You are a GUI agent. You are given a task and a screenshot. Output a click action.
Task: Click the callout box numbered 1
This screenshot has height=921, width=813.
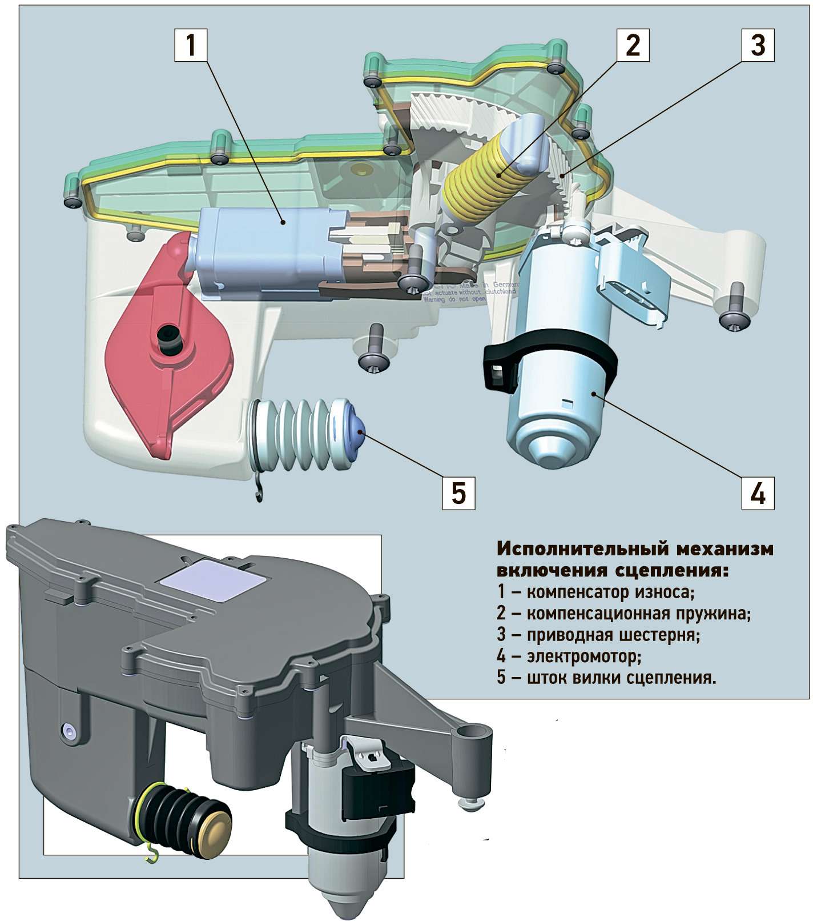[191, 46]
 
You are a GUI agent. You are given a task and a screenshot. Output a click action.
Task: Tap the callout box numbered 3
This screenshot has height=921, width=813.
[758, 46]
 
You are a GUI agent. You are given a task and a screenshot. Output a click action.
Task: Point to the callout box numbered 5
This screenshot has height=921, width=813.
[459, 492]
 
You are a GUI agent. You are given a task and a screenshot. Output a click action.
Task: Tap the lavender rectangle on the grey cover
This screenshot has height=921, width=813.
[213, 582]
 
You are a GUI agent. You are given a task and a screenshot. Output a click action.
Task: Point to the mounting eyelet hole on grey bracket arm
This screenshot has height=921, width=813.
[472, 732]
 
